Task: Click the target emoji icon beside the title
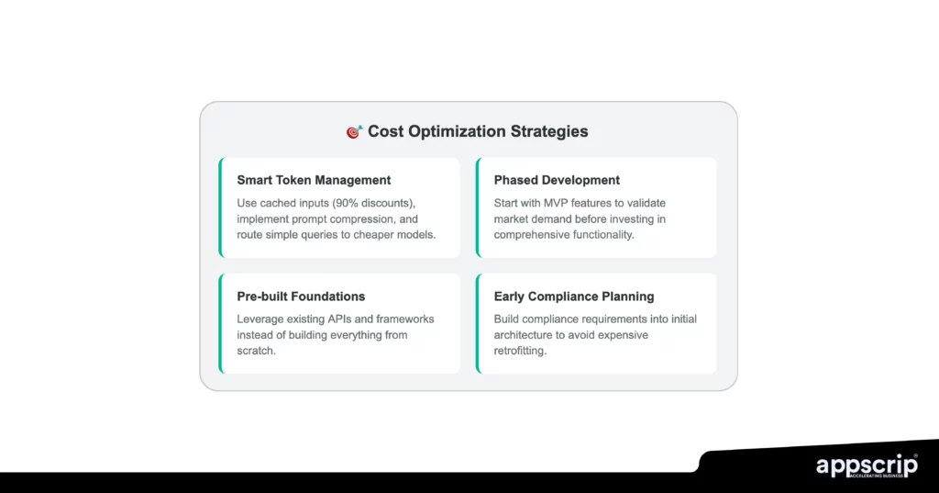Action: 355,132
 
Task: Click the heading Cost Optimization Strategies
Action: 478,131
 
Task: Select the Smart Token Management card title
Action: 314,180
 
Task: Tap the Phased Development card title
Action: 557,180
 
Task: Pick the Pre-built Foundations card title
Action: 301,297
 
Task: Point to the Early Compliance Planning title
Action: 574,297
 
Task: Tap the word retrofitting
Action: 520,352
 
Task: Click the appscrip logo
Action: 866,465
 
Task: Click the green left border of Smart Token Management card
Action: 221,207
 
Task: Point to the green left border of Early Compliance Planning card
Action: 478,323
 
